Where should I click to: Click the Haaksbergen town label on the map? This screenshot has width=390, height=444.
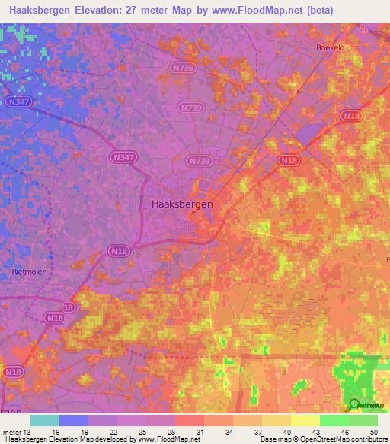[182, 204]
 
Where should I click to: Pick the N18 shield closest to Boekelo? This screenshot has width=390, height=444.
[352, 115]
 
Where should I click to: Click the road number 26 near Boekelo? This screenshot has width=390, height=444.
[364, 28]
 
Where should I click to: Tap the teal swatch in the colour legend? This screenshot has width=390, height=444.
[45, 420]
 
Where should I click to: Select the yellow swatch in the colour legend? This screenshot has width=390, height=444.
[305, 420]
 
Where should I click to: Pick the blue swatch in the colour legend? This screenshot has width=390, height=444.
[74, 420]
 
